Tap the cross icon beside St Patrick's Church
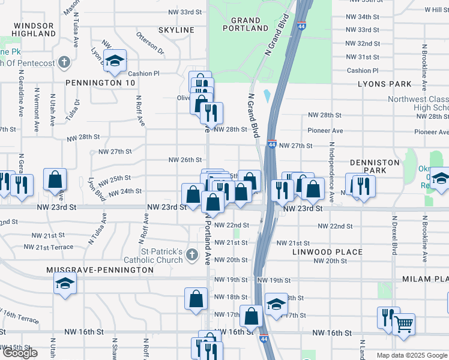pyautogui.click(x=191, y=256)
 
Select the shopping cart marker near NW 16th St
pyautogui.click(x=403, y=325)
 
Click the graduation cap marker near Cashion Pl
pyautogui.click(x=114, y=60)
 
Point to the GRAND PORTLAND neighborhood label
pyautogui.click(x=246, y=23)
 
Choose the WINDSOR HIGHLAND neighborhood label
pyautogui.click(x=34, y=29)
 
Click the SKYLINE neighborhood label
pyautogui.click(x=176, y=30)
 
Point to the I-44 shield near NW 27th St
pyautogui.click(x=272, y=145)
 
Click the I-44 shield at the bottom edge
pyautogui.click(x=264, y=339)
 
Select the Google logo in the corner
pyautogui.click(x=19, y=353)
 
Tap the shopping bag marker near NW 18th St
pyautogui.click(x=196, y=299)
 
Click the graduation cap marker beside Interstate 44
pyautogui.click(x=276, y=305)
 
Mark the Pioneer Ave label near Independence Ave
pyautogui.click(x=325, y=131)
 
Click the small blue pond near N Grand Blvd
pyautogui.click(x=266, y=95)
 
